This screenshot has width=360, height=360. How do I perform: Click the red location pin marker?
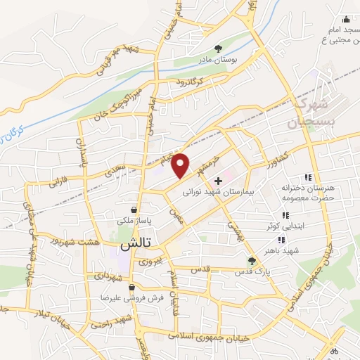click(x=181, y=165)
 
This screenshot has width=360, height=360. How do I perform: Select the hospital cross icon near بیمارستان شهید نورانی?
click(x=218, y=181)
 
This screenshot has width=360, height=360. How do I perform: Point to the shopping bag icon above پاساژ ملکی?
click(x=134, y=209)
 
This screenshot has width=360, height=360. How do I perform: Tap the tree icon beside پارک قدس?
click(x=252, y=261)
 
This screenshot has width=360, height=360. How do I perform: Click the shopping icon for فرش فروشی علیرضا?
click(x=98, y=287)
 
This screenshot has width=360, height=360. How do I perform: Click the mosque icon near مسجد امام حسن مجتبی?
click(x=345, y=19)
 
